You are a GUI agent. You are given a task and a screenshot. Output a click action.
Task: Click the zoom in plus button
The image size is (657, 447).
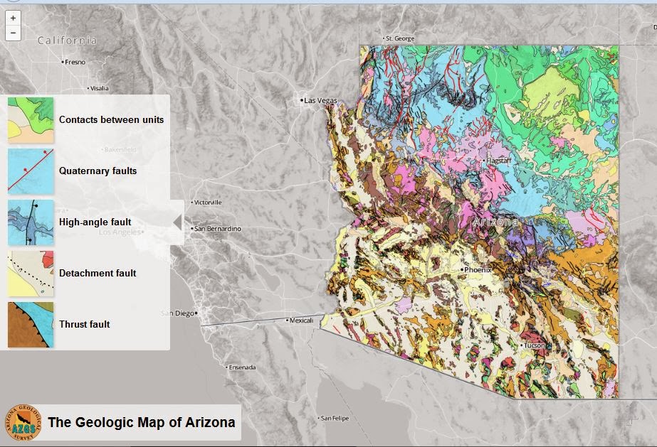coord(13,18)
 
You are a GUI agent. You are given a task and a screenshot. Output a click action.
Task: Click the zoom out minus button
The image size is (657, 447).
coord(13,33)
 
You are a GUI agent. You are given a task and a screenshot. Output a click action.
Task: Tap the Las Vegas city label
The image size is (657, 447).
coord(320,101)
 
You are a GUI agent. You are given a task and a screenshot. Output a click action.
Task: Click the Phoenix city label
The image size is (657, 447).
coord(478,270)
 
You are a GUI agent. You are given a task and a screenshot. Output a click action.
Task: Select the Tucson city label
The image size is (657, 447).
coord(535,345)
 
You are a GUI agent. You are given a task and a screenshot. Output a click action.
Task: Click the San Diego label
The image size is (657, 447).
coord(178,313)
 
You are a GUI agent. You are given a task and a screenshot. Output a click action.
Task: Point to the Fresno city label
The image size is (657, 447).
coord(73,62)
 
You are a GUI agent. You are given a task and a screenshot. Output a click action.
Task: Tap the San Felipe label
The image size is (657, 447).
coord(336,418)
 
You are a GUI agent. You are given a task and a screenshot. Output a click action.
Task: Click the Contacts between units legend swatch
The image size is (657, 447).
coord(31,119)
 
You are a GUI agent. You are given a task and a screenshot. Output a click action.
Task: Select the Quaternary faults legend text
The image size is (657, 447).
coord(98,171)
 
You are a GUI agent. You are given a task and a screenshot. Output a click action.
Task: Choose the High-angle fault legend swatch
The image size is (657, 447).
coord(31,222)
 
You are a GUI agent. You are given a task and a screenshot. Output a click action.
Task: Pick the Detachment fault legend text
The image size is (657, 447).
coord(98,273)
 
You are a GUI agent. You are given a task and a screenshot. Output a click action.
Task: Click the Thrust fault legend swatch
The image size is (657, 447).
coord(31,324)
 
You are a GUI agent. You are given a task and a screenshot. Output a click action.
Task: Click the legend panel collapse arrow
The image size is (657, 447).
coord(177,222)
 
